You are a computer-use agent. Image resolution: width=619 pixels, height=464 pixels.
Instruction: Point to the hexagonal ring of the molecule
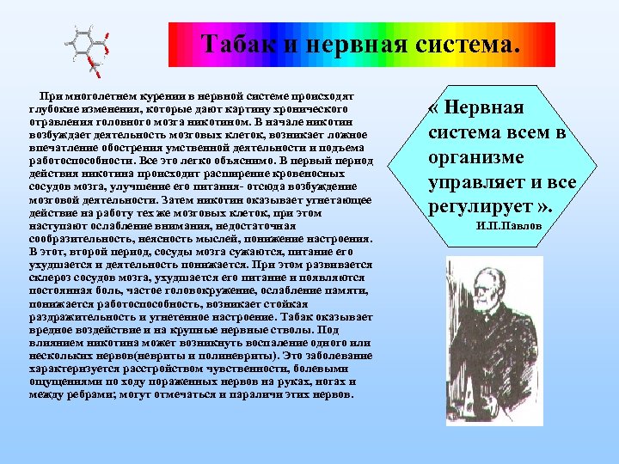point(83,42)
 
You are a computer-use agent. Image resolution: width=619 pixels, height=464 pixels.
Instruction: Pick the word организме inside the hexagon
point(482,159)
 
